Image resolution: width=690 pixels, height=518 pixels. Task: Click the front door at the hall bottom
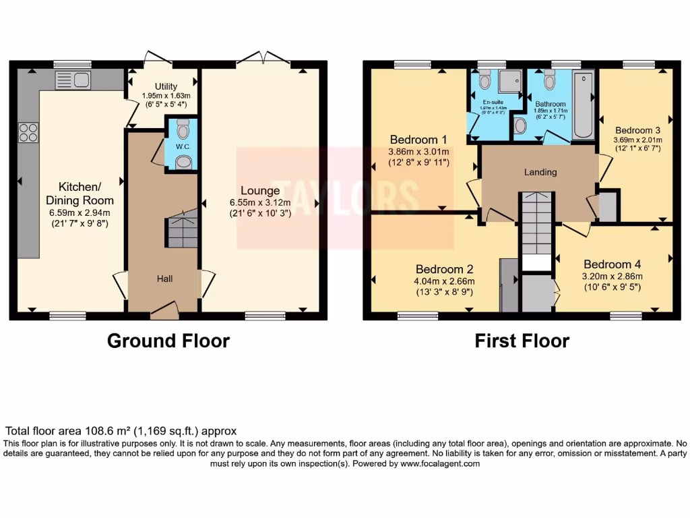pos(164,310)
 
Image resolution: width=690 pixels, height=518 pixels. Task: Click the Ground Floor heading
pos(168,341)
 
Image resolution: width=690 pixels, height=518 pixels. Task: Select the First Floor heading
pos(522,341)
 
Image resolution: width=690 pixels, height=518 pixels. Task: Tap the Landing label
pos(540,172)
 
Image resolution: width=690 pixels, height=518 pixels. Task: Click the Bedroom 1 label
pos(418,140)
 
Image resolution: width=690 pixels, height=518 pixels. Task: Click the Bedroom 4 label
pos(613,264)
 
